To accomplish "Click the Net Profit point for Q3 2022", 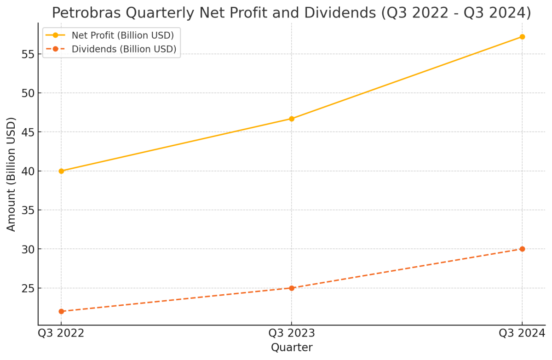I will (x=61, y=171).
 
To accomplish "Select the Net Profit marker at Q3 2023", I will (x=292, y=119).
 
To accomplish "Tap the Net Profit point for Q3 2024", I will (x=522, y=37).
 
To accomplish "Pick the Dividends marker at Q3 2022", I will (x=61, y=311).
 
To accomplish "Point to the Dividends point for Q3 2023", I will (x=292, y=288).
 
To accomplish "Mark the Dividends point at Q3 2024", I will (x=522, y=249).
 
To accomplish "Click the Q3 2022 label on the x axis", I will (x=61, y=333).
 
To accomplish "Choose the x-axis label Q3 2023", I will (x=292, y=333).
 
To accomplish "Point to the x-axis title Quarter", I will (x=292, y=348).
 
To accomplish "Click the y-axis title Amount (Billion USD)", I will (x=11, y=174).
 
